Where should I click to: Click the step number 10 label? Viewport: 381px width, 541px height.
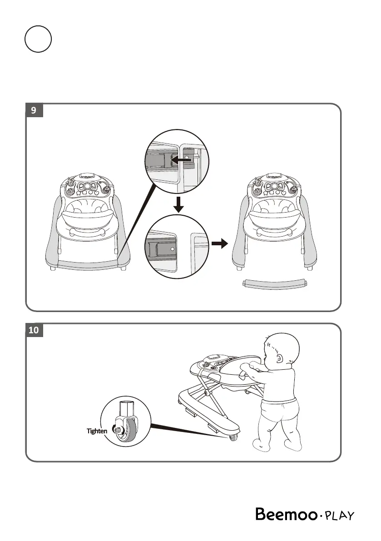coord(34,330)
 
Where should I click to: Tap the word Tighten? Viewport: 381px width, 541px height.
coord(97,431)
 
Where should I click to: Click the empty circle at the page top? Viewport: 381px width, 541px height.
coord(38,40)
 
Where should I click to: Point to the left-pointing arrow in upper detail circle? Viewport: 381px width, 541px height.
coord(183,160)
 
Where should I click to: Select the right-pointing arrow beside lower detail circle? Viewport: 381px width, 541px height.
coord(219,244)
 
